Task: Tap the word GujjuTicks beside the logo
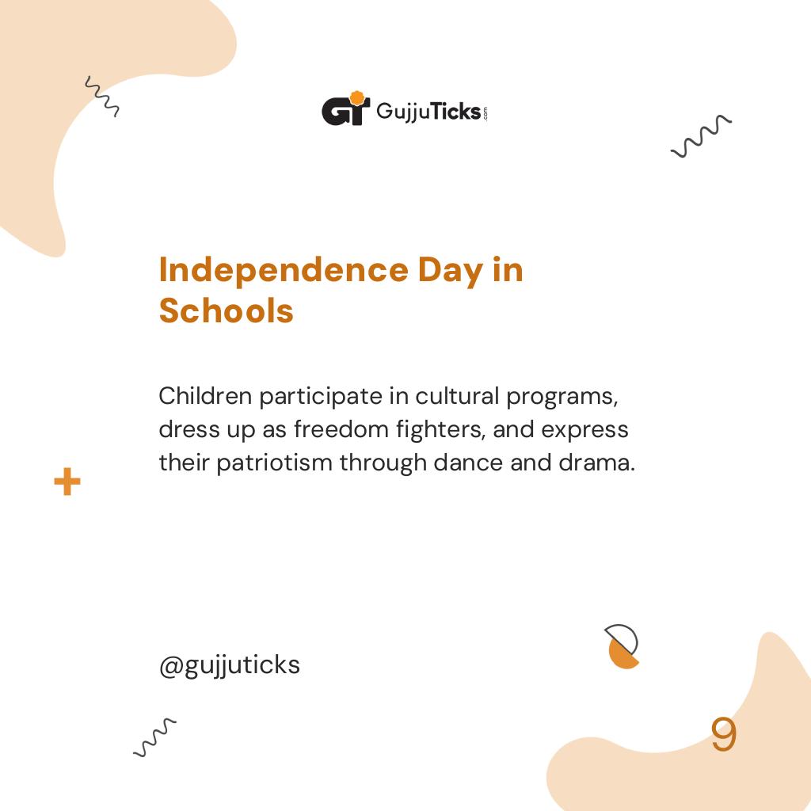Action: pyautogui.click(x=428, y=111)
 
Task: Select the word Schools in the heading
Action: pyautogui.click(x=226, y=310)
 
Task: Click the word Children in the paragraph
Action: pyautogui.click(x=205, y=395)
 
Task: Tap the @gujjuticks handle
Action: pyautogui.click(x=229, y=665)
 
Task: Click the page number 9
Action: pyautogui.click(x=723, y=735)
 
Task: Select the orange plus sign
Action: pyautogui.click(x=67, y=482)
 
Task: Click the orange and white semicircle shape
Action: pyautogui.click(x=623, y=647)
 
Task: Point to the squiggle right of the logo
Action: pyautogui.click(x=701, y=137)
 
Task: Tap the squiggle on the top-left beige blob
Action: pyautogui.click(x=102, y=97)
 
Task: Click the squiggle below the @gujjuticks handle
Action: pyautogui.click(x=154, y=737)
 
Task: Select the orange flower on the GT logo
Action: pyautogui.click(x=357, y=98)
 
